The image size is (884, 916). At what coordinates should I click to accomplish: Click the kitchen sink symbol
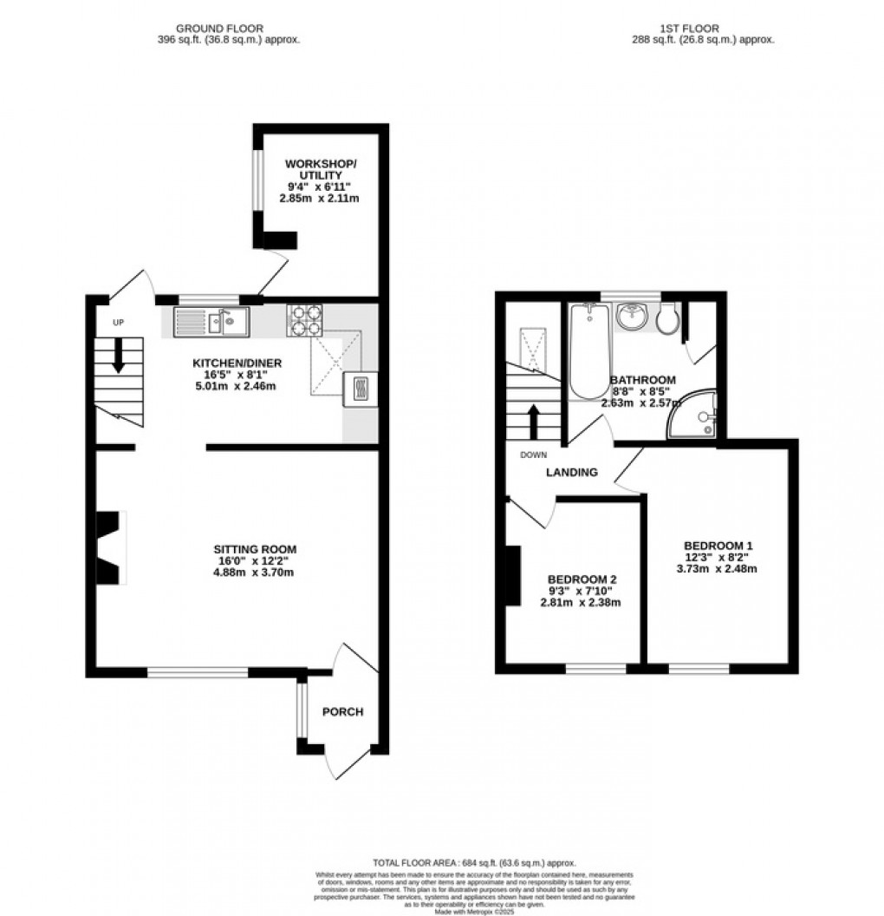point(211,323)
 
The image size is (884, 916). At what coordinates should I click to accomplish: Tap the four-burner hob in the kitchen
point(304,321)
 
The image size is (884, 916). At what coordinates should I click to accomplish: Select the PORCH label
point(342,712)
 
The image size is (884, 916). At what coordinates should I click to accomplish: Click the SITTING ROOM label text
point(256,549)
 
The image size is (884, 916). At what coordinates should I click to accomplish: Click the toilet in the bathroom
point(666,322)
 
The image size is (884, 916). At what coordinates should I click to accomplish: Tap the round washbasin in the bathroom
point(634,317)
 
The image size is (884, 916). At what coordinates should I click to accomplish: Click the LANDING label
point(571,473)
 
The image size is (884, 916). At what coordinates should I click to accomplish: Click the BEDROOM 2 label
point(582,579)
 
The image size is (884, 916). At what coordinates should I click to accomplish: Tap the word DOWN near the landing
point(533,455)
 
